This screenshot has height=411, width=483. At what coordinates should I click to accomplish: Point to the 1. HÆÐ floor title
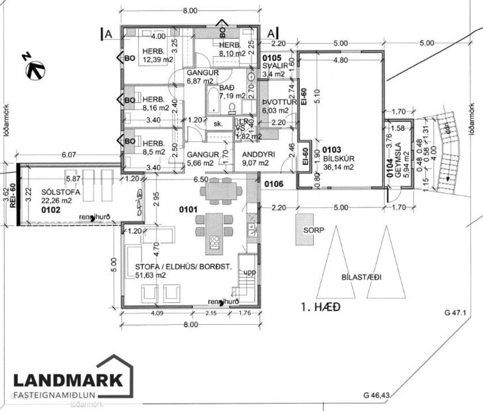(x=316, y=308)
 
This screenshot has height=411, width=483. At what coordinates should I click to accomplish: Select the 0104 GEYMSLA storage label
(x=395, y=152)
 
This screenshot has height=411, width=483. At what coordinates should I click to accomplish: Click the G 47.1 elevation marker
(x=456, y=312)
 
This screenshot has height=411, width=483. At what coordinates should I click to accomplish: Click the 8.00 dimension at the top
(x=191, y=11)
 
